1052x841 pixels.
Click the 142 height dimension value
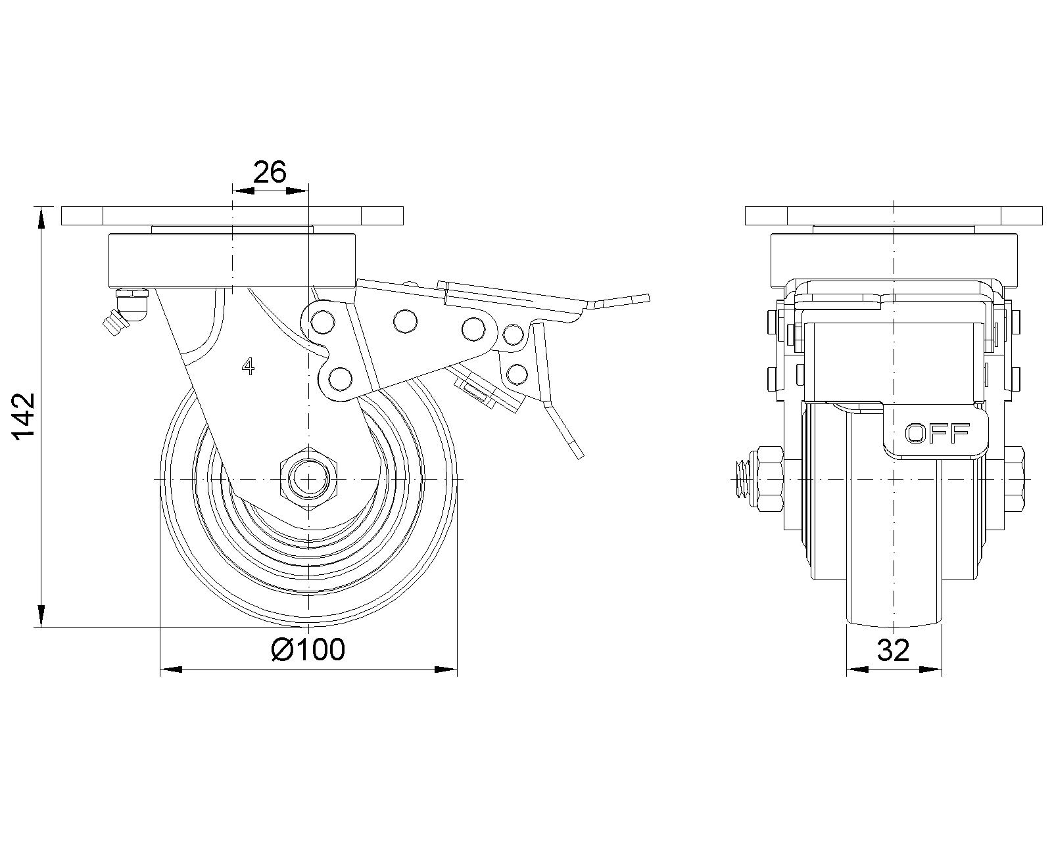(x=23, y=417)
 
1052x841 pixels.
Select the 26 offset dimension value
(x=270, y=172)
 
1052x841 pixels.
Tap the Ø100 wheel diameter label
(x=308, y=649)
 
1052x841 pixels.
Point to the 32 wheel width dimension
(x=893, y=650)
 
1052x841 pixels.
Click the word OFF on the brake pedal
(x=937, y=433)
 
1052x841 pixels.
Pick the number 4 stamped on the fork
(x=249, y=366)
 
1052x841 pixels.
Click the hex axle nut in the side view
(x=308, y=479)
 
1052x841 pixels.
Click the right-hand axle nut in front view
(x=1015, y=479)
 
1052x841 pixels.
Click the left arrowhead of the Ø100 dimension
(x=171, y=669)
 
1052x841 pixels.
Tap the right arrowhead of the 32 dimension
(x=931, y=669)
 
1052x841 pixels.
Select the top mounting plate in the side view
(x=232, y=216)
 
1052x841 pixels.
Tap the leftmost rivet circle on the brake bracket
(x=323, y=322)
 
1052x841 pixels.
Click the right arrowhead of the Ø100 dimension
(x=446, y=669)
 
